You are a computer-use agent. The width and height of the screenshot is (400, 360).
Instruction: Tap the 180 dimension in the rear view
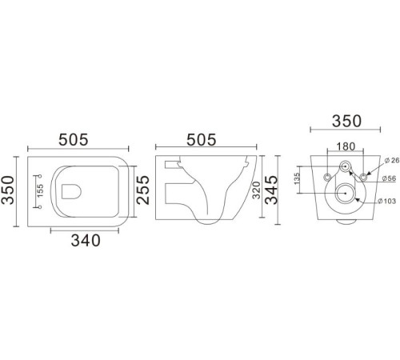345,147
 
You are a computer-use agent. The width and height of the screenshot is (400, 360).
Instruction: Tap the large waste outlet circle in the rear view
345,192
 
